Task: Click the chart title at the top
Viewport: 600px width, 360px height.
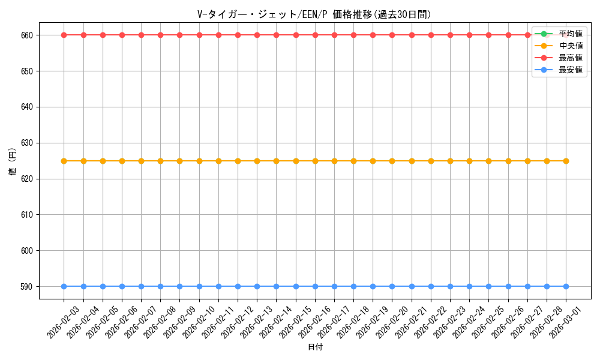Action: coord(314,14)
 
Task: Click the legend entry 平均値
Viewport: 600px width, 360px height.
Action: coord(570,34)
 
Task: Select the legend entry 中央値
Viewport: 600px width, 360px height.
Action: coord(570,46)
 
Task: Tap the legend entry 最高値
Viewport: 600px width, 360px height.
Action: coord(570,58)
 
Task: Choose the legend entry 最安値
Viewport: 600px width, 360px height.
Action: coord(570,70)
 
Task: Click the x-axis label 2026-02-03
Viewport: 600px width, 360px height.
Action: coord(63,322)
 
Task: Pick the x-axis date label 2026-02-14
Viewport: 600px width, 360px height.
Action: coord(275,322)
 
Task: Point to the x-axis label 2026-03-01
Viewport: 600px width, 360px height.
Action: coord(565,322)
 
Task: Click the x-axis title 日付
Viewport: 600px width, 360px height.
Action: coord(315,347)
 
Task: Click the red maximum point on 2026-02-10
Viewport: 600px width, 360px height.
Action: coord(199,35)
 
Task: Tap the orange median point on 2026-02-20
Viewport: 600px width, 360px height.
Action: coord(392,161)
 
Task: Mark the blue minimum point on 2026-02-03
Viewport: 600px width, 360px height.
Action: coord(64,286)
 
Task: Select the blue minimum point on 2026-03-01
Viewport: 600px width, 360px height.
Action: coord(566,286)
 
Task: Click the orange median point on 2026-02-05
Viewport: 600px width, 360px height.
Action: coord(103,161)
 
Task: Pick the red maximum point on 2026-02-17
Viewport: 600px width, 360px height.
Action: coord(334,35)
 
